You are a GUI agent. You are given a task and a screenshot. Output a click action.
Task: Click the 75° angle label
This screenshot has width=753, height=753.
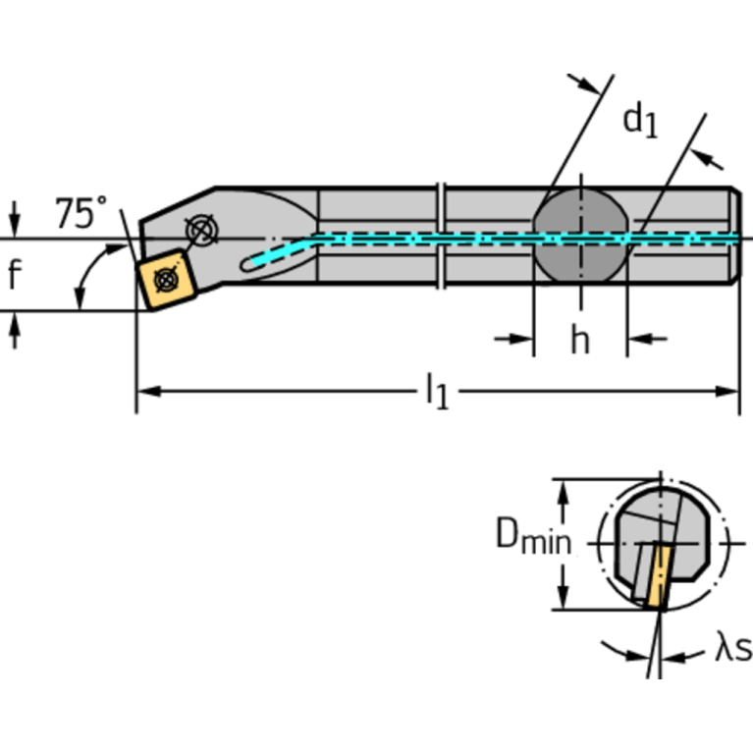click(x=81, y=212)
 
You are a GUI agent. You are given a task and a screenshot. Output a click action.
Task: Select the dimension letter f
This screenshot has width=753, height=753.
click(x=14, y=276)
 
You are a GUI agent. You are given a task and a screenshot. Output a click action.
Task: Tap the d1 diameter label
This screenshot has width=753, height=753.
click(x=640, y=120)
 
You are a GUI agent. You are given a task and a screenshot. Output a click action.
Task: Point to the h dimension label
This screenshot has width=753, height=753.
click(x=580, y=340)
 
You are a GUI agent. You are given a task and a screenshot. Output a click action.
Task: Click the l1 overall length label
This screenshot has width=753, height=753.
click(x=436, y=393)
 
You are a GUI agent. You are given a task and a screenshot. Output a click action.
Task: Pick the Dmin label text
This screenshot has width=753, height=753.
click(x=532, y=536)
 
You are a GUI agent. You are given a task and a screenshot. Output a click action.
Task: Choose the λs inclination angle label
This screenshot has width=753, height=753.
click(x=732, y=648)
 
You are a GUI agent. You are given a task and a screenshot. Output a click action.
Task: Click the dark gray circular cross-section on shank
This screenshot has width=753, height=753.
click(x=579, y=238)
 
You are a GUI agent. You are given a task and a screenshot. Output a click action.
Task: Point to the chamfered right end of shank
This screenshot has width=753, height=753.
click(x=735, y=236)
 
